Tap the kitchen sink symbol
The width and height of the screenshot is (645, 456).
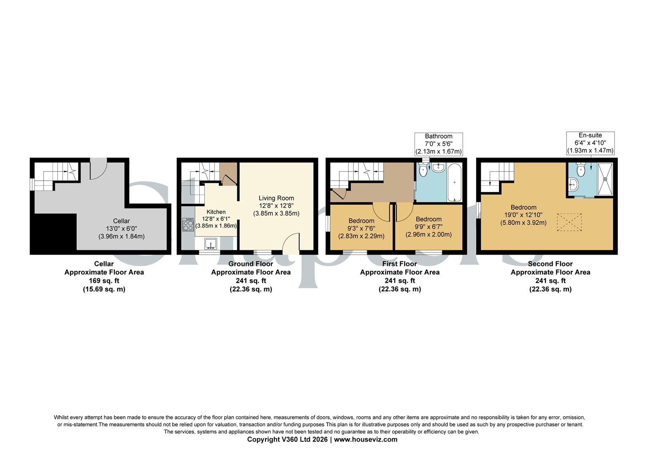pyautogui.click(x=210, y=244)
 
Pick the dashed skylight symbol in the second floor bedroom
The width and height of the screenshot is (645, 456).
pyautogui.click(x=569, y=222)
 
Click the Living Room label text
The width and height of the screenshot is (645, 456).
pyautogui.click(x=276, y=198)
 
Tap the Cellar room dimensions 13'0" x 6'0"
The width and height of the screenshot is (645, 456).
pyautogui.click(x=121, y=228)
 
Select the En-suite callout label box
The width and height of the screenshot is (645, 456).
pyautogui.click(x=590, y=143)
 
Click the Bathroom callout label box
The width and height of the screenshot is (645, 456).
pyautogui.click(x=439, y=144)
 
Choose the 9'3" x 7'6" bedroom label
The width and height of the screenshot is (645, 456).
pyautogui.click(x=361, y=228)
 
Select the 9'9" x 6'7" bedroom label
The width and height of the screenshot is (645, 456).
pyautogui.click(x=428, y=227)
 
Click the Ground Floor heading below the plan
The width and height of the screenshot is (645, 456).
pyautogui.click(x=251, y=264)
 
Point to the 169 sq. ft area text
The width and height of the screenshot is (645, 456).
pyautogui.click(x=104, y=281)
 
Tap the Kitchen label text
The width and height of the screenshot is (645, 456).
pyautogui.click(x=216, y=212)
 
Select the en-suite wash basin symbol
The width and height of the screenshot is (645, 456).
pyautogui.click(x=573, y=184)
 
